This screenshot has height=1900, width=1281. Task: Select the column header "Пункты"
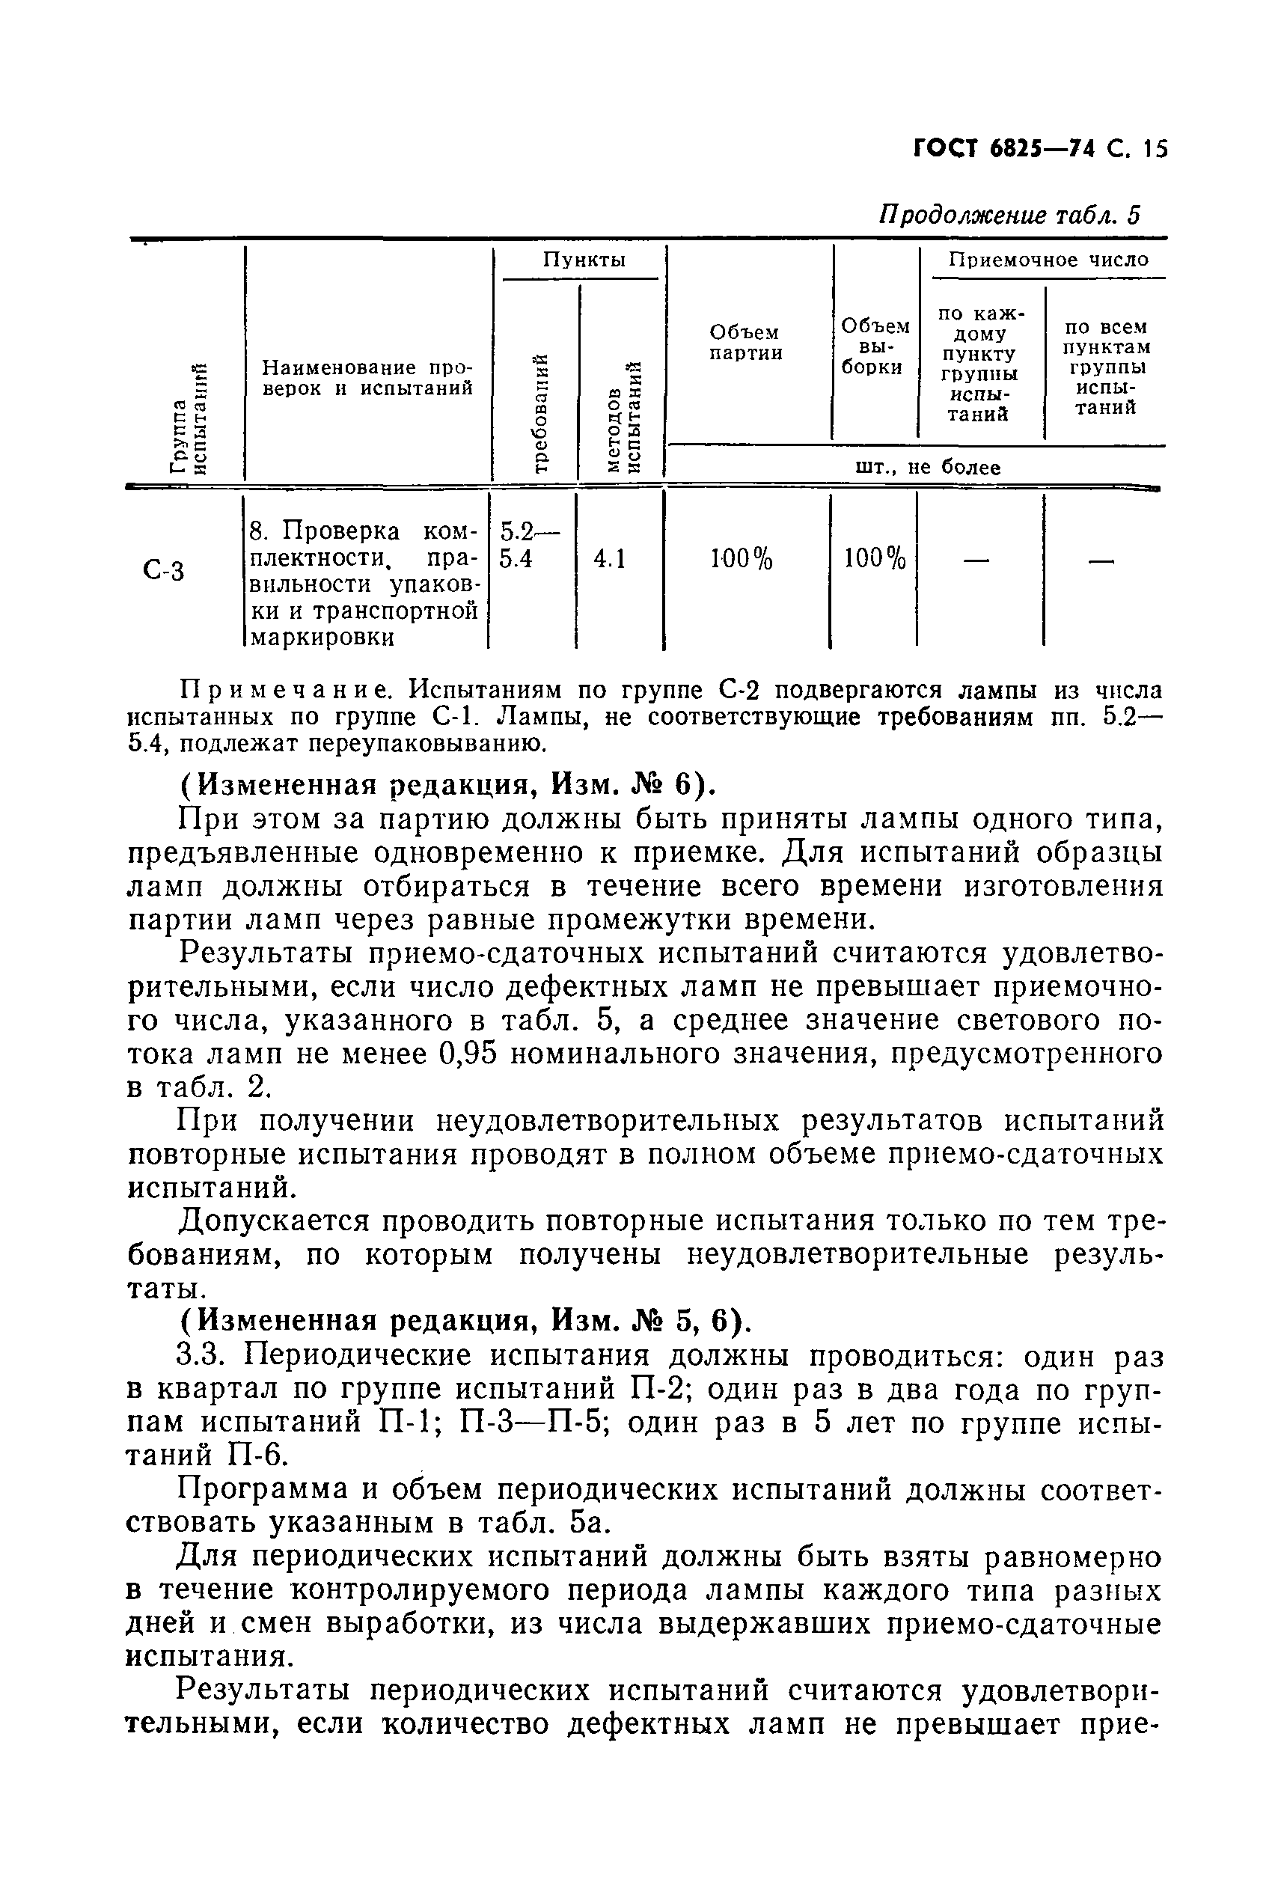coord(584,260)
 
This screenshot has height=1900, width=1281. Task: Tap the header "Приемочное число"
coord(1048,260)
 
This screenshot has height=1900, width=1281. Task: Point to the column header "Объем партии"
coord(745,342)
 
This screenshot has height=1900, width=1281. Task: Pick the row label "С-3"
coord(163,569)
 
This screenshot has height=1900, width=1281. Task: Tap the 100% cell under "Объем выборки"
coord(874,559)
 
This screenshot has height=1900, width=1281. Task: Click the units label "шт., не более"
coord(927,467)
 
